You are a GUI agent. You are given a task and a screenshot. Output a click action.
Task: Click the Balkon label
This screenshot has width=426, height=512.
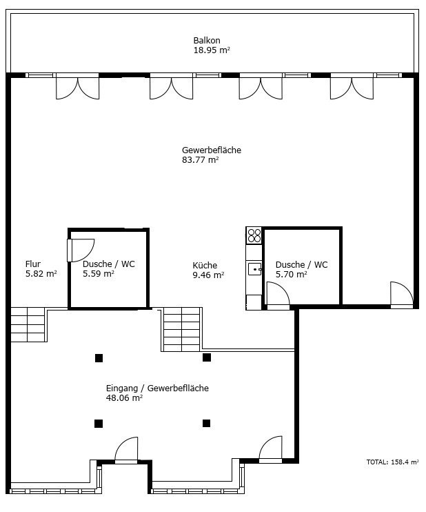(x=207, y=41)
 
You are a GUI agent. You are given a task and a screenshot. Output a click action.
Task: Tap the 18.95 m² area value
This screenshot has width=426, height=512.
(x=212, y=50)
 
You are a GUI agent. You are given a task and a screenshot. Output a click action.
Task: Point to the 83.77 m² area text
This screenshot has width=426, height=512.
(x=200, y=160)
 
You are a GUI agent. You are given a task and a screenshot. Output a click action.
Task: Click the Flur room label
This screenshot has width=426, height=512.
(x=33, y=264)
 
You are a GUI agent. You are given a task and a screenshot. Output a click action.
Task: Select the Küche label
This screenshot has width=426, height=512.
(x=205, y=265)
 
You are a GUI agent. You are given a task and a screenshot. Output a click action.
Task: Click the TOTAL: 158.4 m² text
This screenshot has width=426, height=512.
(x=392, y=462)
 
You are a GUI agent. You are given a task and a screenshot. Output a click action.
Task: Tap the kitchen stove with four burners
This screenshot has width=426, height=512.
(x=254, y=235)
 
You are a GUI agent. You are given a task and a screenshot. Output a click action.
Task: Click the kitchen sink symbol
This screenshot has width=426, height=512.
(x=254, y=269)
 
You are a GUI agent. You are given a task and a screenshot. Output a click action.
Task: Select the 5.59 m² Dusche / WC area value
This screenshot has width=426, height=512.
(x=98, y=274)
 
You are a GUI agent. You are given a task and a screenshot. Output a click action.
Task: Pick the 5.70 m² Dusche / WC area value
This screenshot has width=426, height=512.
(x=292, y=275)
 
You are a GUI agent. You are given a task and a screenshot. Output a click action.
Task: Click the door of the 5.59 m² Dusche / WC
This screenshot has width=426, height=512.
(x=81, y=250)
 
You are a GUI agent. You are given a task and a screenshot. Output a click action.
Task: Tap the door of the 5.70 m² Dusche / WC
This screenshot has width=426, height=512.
(x=278, y=295)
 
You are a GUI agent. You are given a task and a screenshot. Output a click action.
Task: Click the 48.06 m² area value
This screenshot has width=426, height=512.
(x=124, y=397)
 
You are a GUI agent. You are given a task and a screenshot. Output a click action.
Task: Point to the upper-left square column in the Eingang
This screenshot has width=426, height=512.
(x=99, y=358)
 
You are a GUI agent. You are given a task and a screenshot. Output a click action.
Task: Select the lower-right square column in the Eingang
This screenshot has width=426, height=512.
(x=206, y=424)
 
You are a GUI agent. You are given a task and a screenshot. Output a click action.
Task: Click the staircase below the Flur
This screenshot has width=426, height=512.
(x=28, y=324)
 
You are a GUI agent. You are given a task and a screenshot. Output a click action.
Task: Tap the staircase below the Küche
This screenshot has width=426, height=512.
(x=181, y=329)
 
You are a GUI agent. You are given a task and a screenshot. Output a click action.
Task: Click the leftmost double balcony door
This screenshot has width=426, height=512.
(x=78, y=86)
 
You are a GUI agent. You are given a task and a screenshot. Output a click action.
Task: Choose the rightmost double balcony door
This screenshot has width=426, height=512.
(x=352, y=86)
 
